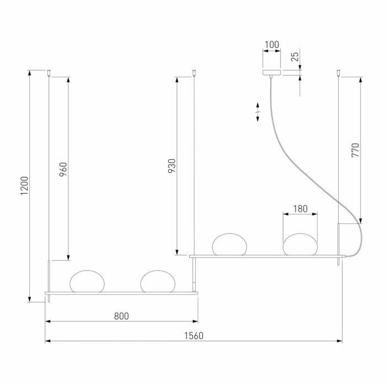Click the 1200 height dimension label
point(24,186)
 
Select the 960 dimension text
point(63,169)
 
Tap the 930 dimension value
point(172,166)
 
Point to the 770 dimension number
point(356,150)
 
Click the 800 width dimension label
point(121,316)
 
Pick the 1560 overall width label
point(194,336)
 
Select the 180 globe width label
point(301,209)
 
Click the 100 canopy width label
point(272,45)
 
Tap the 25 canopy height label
point(295,57)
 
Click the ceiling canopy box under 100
point(271,72)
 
